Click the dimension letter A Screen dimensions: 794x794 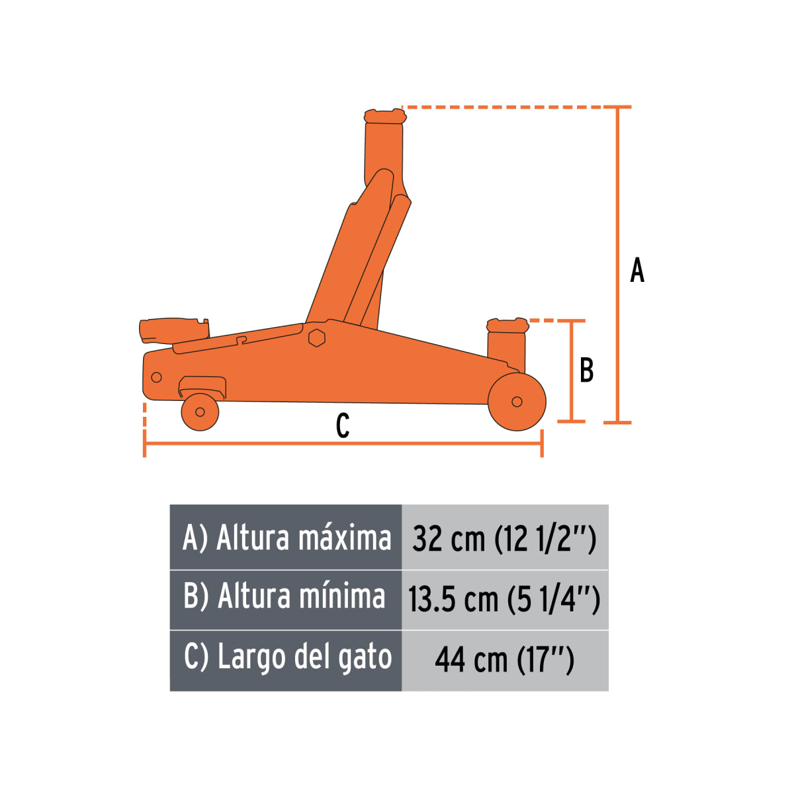pos(637,270)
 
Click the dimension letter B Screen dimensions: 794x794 pos(586,371)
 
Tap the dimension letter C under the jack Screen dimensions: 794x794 pos(342,425)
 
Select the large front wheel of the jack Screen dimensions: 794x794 pos(517,402)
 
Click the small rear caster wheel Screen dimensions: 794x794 pos(200,412)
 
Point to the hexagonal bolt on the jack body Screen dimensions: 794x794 pos(317,337)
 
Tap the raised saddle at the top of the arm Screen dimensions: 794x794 pos(384,116)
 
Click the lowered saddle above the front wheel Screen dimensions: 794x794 pos(507,326)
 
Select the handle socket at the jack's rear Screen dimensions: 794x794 pos(173,329)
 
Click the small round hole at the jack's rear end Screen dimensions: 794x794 pos(157,377)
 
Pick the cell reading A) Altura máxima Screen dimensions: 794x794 pos(286,537)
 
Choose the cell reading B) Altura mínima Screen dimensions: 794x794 pos(286,597)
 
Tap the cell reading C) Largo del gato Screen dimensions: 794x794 pos(286,658)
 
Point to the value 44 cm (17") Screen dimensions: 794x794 pos(504,660)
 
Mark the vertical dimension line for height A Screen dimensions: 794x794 pos(619,265)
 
